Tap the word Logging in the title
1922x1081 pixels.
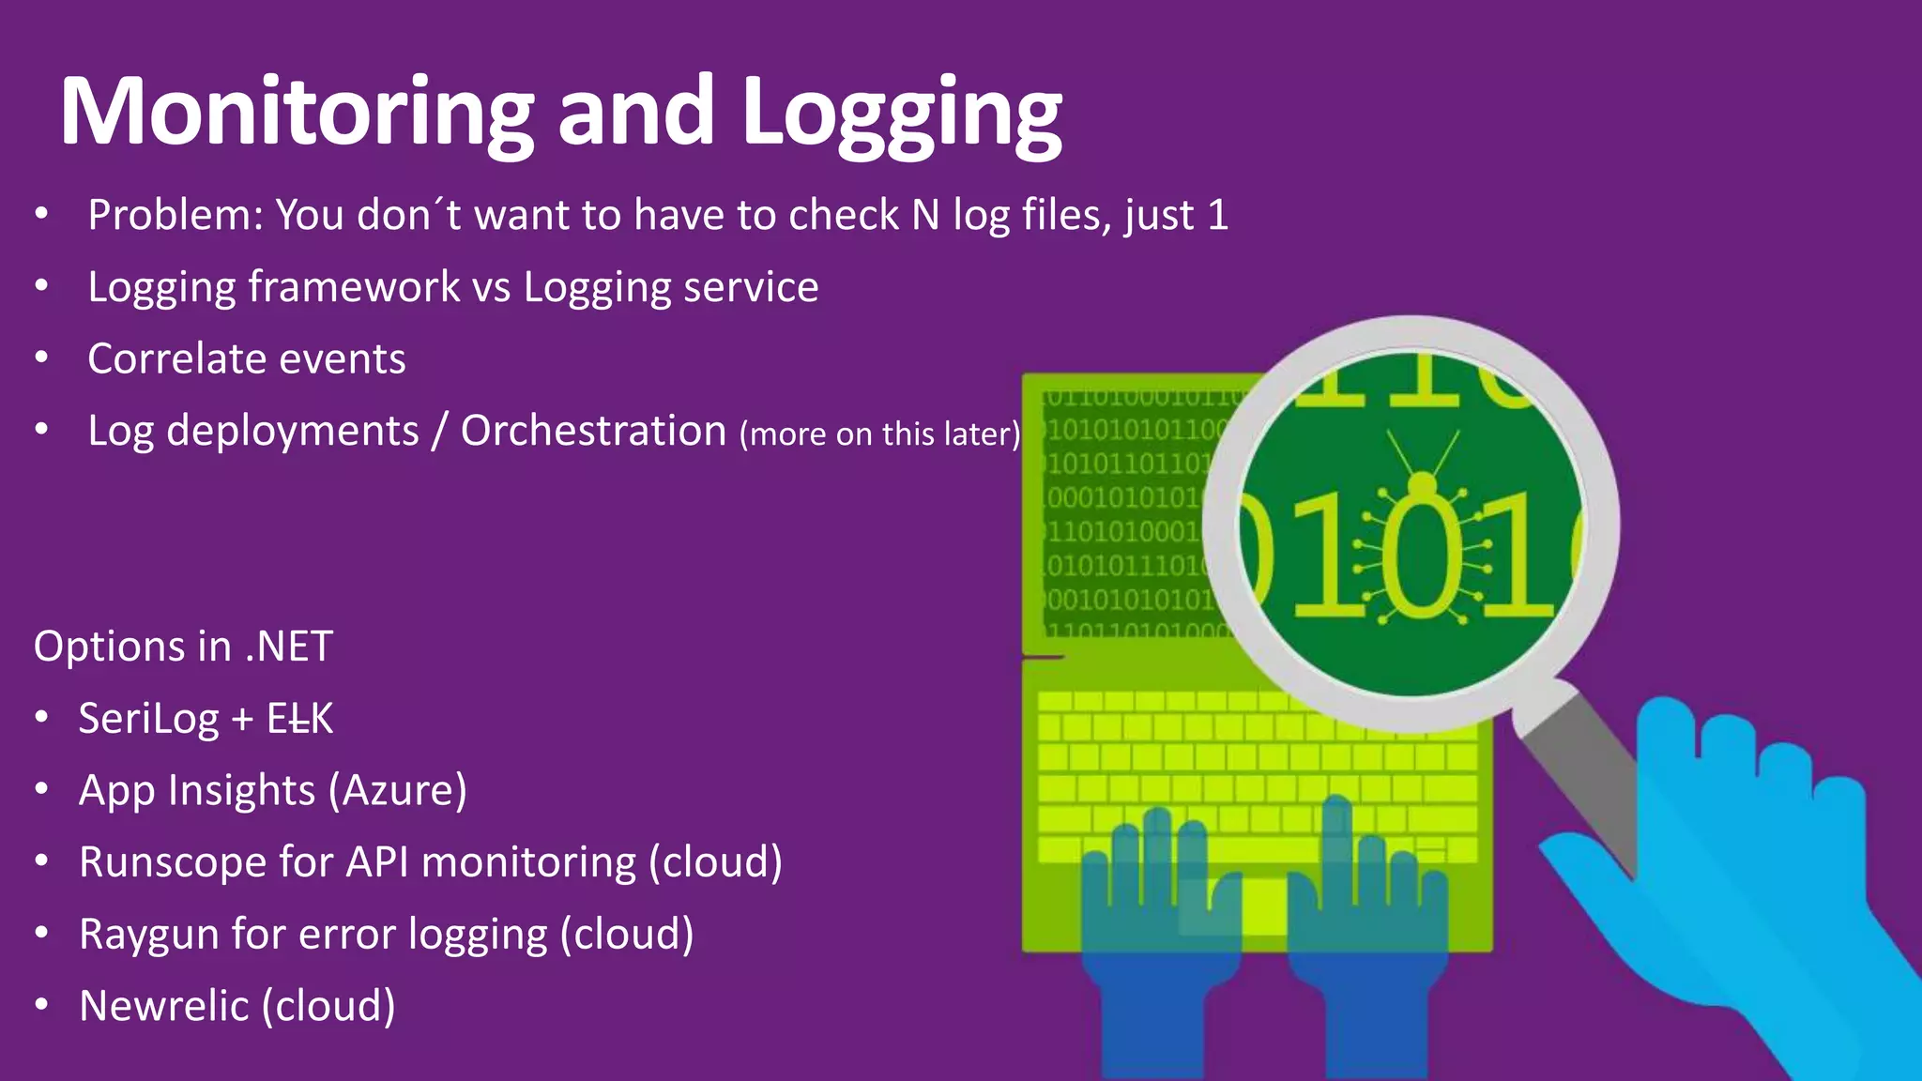pyautogui.click(x=901, y=114)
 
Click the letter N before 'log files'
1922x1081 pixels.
pyautogui.click(x=925, y=215)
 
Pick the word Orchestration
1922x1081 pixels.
pyautogui.click(x=593, y=431)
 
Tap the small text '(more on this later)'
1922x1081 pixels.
pyautogui.click(x=879, y=434)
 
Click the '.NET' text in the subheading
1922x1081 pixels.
pyautogui.click(x=289, y=647)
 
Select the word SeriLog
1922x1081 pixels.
pyautogui.click(x=148, y=719)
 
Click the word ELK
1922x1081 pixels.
pyautogui.click(x=300, y=719)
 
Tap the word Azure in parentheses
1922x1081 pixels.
pyautogui.click(x=397, y=790)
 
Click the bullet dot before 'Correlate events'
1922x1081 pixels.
pyautogui.click(x=41, y=358)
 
